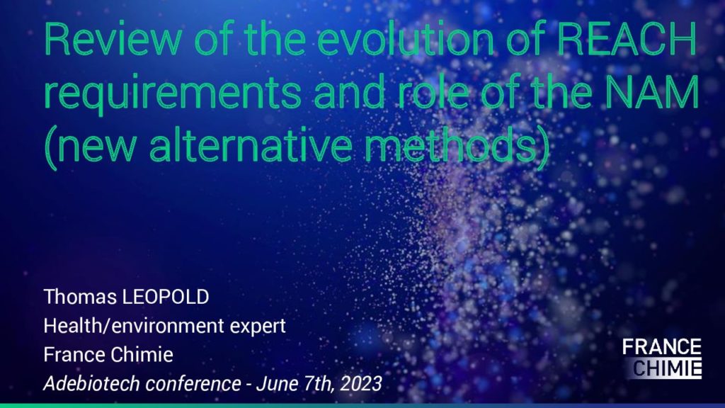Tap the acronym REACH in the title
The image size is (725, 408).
coord(627,40)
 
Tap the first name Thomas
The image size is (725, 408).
coord(79,297)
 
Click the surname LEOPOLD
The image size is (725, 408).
coord(164,297)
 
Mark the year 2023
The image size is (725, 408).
coord(362,384)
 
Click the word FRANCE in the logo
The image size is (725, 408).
coord(662,347)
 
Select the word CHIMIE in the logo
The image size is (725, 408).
coord(666,368)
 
